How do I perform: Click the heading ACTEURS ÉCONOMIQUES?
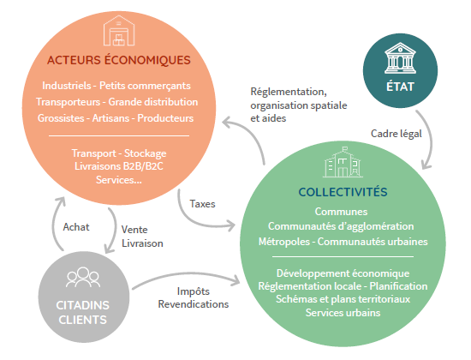click(119, 59)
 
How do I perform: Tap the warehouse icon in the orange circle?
click(119, 30)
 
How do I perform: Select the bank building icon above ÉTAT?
click(400, 58)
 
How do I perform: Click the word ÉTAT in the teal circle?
click(400, 87)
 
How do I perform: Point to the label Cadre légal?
click(396, 134)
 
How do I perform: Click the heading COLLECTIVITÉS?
click(343, 192)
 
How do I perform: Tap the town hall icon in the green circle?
click(343, 162)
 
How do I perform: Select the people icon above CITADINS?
click(83, 277)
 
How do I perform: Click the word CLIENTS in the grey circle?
click(82, 320)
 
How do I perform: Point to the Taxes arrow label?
click(202, 204)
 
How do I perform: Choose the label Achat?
click(76, 227)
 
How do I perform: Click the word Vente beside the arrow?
click(134, 230)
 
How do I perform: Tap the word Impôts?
click(194, 291)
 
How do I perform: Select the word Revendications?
click(194, 304)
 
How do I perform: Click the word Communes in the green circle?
click(341, 212)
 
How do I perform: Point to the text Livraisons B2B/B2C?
click(119, 166)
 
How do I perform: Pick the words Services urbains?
click(343, 313)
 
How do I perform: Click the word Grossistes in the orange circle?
click(61, 118)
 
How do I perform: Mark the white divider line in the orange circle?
click(119, 136)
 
